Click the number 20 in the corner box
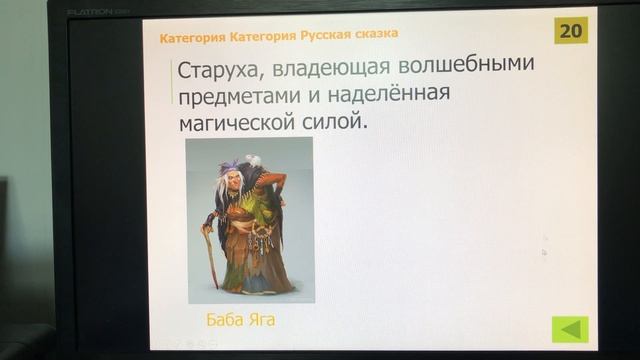(571, 30)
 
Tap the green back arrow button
(570, 329)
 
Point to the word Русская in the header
(329, 34)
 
